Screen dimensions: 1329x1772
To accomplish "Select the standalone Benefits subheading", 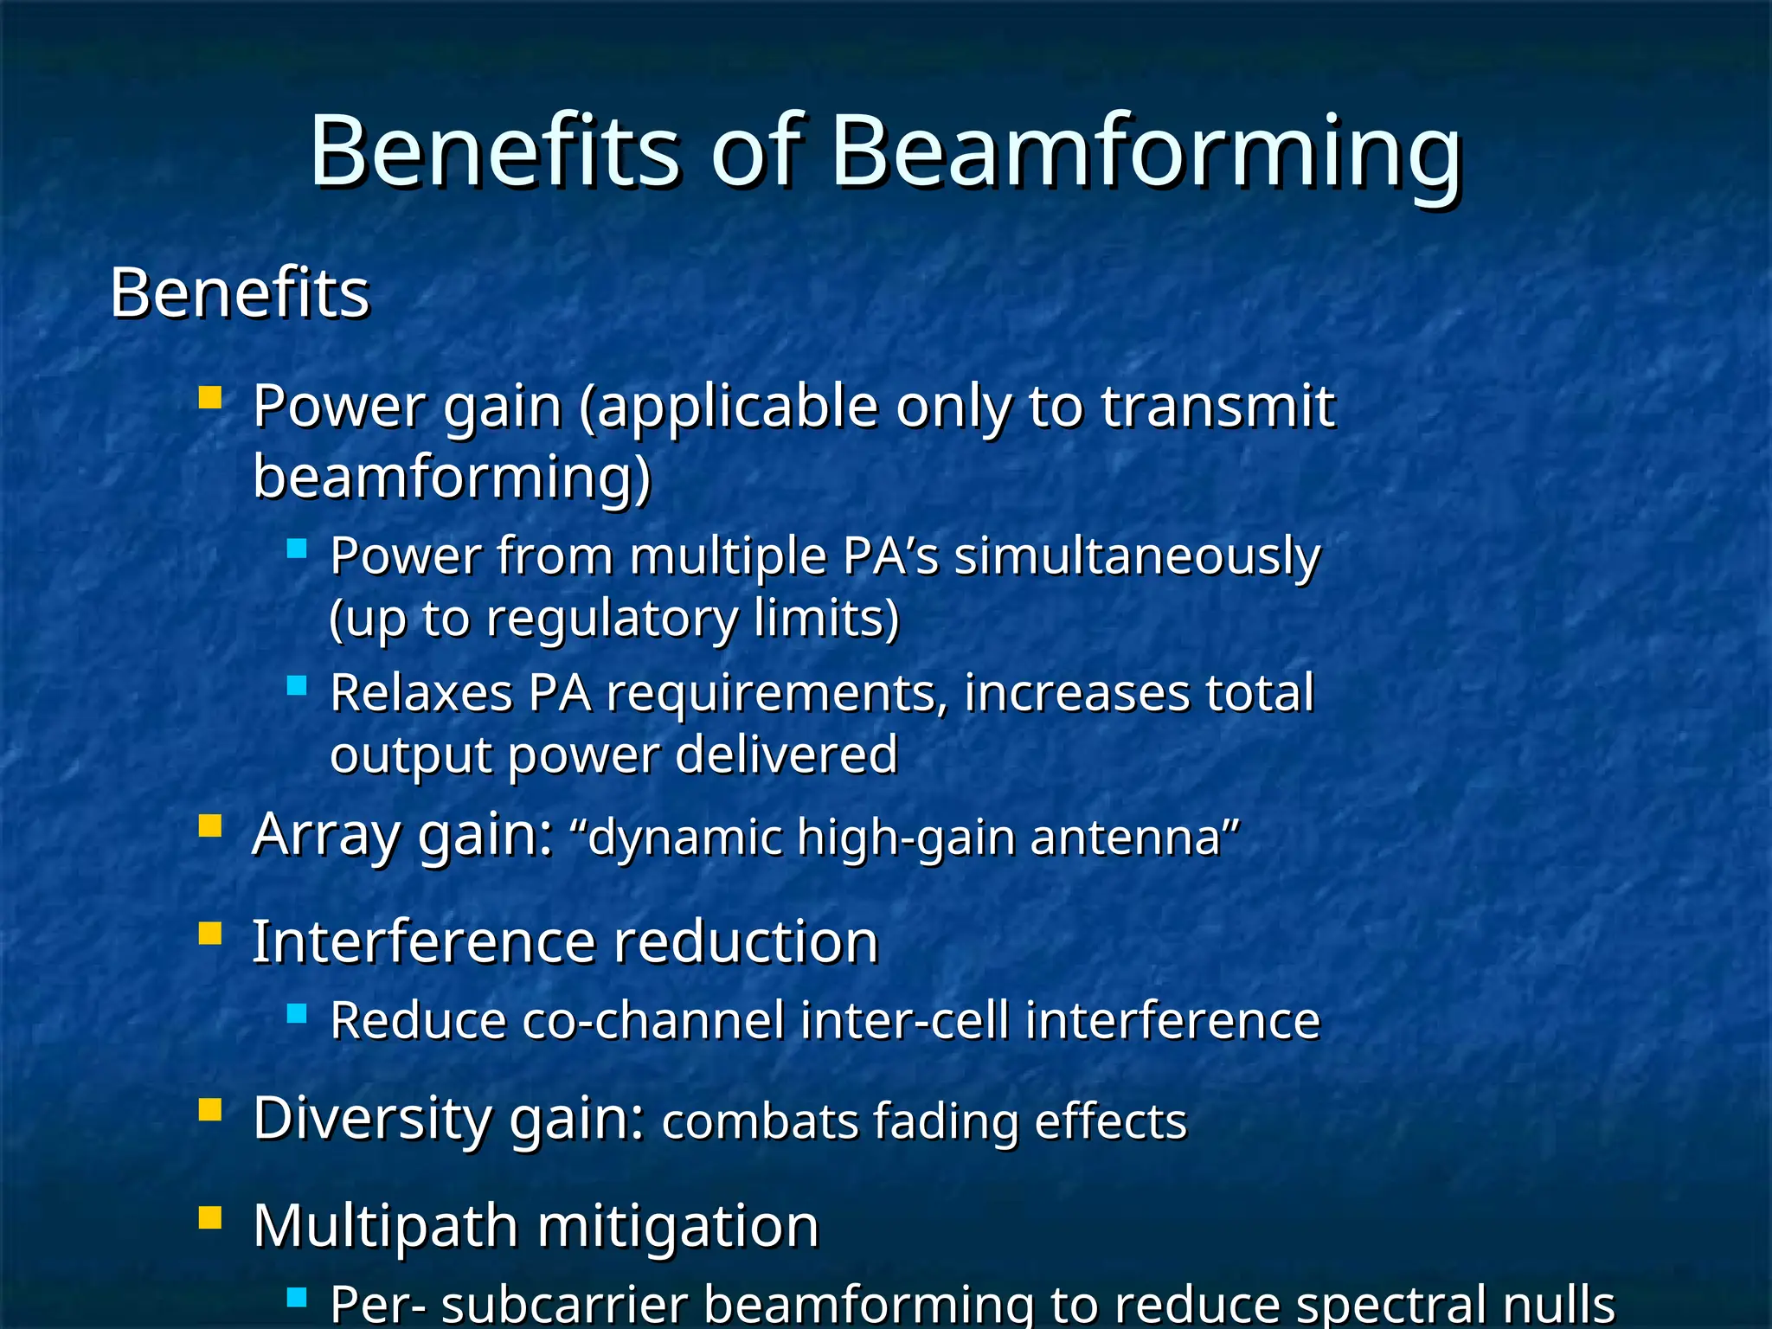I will coord(240,293).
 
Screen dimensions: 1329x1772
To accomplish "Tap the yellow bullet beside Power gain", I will coord(210,397).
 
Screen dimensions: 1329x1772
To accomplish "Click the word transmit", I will coord(1217,406).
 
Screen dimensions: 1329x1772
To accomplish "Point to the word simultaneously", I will coord(1137,556).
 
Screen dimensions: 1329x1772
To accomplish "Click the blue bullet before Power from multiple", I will coord(297,548).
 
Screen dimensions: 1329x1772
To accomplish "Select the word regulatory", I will coord(611,619).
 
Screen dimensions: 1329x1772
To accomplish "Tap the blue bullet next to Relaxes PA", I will coord(297,685).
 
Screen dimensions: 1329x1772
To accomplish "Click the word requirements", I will coord(776,694).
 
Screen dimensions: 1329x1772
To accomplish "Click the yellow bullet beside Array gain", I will coord(210,826).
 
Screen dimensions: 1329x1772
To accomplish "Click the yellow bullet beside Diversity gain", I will coord(210,1109).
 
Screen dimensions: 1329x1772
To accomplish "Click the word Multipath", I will coord(385,1227).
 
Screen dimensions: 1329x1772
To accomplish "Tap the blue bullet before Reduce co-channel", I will coord(297,1012).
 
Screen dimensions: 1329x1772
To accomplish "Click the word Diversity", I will coord(372,1118).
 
